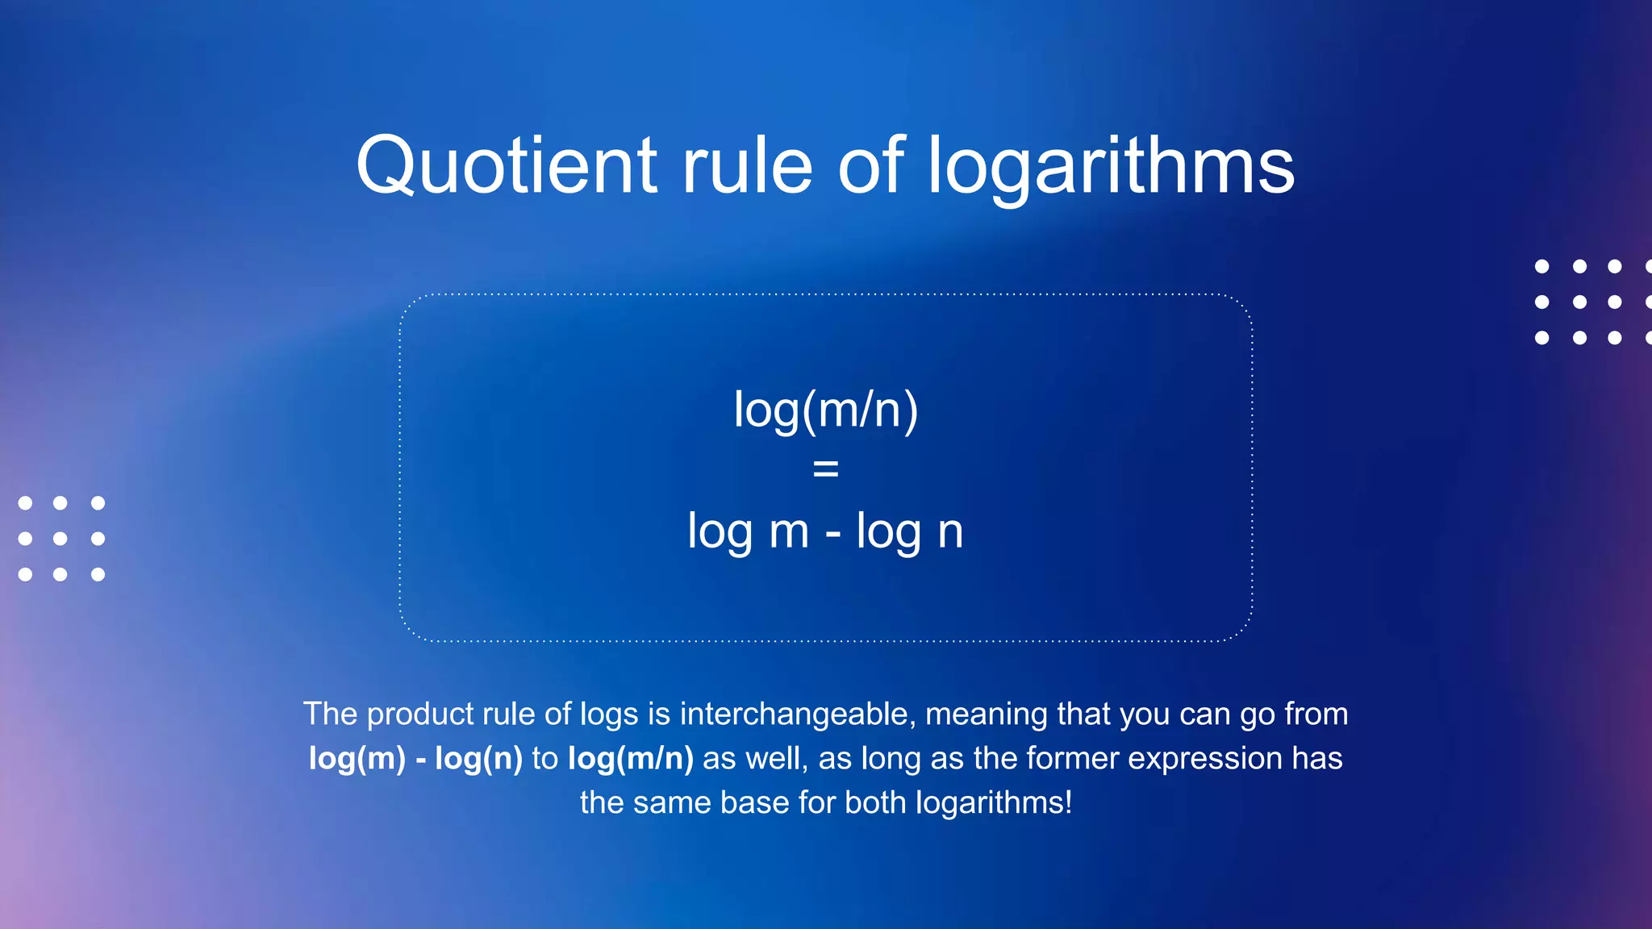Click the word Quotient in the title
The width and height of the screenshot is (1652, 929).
click(x=507, y=166)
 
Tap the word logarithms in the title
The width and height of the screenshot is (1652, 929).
click(x=1111, y=166)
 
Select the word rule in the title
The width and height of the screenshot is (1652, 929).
click(x=747, y=166)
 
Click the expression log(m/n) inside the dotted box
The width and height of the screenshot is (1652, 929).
click(x=826, y=410)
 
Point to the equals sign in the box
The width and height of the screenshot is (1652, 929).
click(x=826, y=469)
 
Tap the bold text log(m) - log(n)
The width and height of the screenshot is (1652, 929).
click(x=415, y=759)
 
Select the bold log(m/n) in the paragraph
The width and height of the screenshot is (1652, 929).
click(x=630, y=759)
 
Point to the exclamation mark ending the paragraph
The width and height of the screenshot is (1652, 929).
click(x=1068, y=802)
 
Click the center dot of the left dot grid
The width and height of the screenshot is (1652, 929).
click(x=60, y=539)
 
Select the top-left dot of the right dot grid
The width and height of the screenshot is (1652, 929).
click(x=1541, y=266)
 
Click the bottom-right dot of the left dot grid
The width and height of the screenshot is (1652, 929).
click(x=98, y=574)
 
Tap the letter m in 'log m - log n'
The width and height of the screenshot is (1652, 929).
click(x=788, y=532)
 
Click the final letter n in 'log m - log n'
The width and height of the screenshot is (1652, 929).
click(x=950, y=532)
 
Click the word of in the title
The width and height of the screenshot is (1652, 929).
click(x=871, y=166)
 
